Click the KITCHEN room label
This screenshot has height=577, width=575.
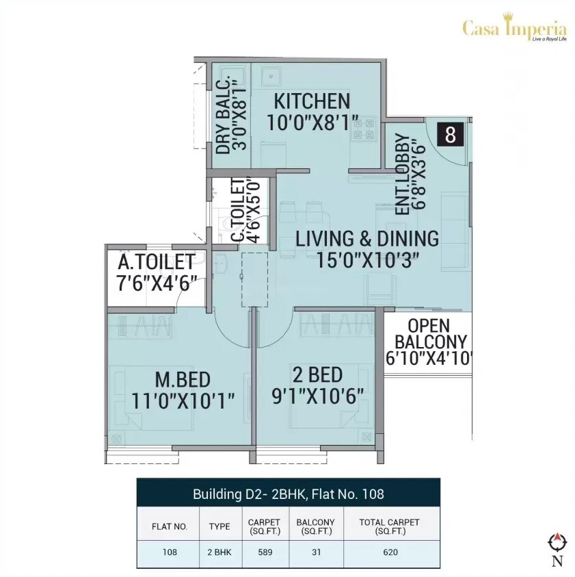click(312, 101)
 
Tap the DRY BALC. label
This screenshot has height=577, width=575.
click(222, 117)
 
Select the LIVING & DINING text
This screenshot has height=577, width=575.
click(367, 239)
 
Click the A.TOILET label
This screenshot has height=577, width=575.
click(157, 262)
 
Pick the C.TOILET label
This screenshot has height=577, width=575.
click(238, 210)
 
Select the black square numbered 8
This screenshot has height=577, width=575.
click(450, 135)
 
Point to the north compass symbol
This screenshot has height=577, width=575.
click(557, 543)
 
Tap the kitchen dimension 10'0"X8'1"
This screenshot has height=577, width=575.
click(312, 123)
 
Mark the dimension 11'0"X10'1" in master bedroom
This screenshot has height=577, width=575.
click(183, 401)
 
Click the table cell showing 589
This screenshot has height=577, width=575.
click(264, 552)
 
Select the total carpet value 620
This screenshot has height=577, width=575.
click(390, 552)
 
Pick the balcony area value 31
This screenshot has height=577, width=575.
click(315, 552)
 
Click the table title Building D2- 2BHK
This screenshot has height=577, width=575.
click(288, 493)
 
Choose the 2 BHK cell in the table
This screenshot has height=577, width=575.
click(219, 552)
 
